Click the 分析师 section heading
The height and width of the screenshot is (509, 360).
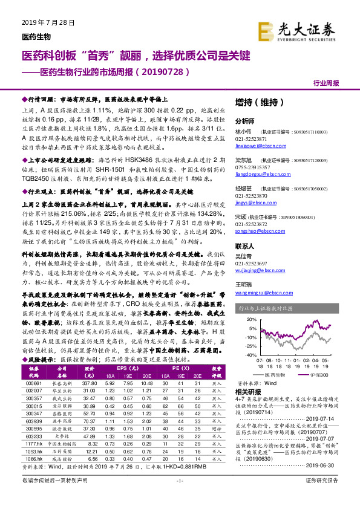pos(244,120)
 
